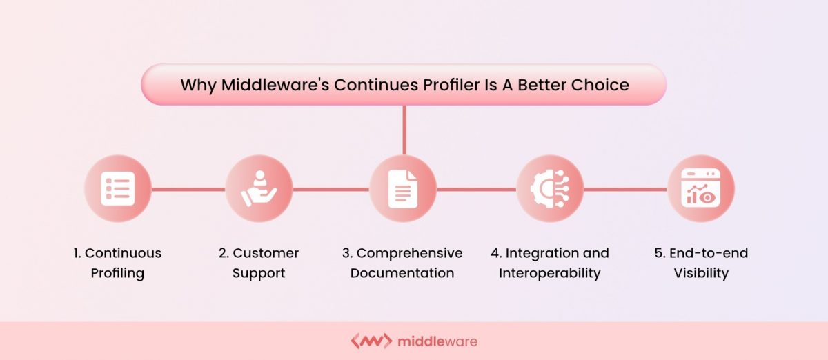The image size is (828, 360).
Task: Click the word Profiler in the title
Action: click(451, 85)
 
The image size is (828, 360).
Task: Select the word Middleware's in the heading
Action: click(275, 85)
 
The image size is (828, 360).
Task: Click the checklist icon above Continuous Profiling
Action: click(118, 188)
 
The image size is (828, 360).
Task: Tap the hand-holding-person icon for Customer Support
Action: click(259, 188)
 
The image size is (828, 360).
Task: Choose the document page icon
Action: click(403, 189)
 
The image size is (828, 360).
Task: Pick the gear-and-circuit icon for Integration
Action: click(550, 188)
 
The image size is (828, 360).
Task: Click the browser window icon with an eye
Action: click(701, 188)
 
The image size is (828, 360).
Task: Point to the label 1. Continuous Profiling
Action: click(117, 263)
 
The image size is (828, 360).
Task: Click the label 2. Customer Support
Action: click(259, 263)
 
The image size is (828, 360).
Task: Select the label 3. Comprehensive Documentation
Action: click(402, 263)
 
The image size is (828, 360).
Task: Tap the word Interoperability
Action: click(550, 274)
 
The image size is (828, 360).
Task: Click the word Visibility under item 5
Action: click(701, 274)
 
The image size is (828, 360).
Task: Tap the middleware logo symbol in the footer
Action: click(371, 341)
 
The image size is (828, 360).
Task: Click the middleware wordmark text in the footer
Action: click(437, 341)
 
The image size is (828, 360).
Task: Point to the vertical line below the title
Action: click(404, 130)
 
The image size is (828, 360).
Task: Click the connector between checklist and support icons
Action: click(188, 189)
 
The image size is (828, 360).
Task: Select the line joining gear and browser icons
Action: click(625, 189)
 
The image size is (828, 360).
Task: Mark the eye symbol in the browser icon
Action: click(707, 197)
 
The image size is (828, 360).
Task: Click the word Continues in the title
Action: click(376, 85)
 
